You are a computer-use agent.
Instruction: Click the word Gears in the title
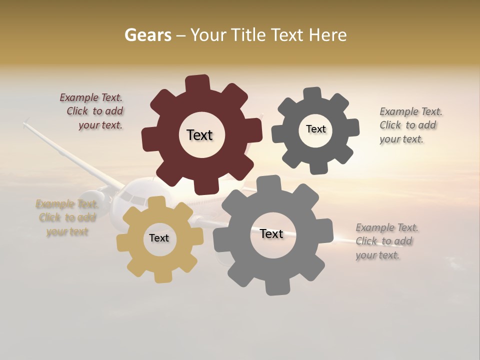147,35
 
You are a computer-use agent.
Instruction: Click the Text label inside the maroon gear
199,135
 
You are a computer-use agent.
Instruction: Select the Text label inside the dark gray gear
315,129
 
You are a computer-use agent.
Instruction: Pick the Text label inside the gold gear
159,238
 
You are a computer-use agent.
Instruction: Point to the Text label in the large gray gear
271,233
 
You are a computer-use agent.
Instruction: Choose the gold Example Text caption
66,217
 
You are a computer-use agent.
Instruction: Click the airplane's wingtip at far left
25,122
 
